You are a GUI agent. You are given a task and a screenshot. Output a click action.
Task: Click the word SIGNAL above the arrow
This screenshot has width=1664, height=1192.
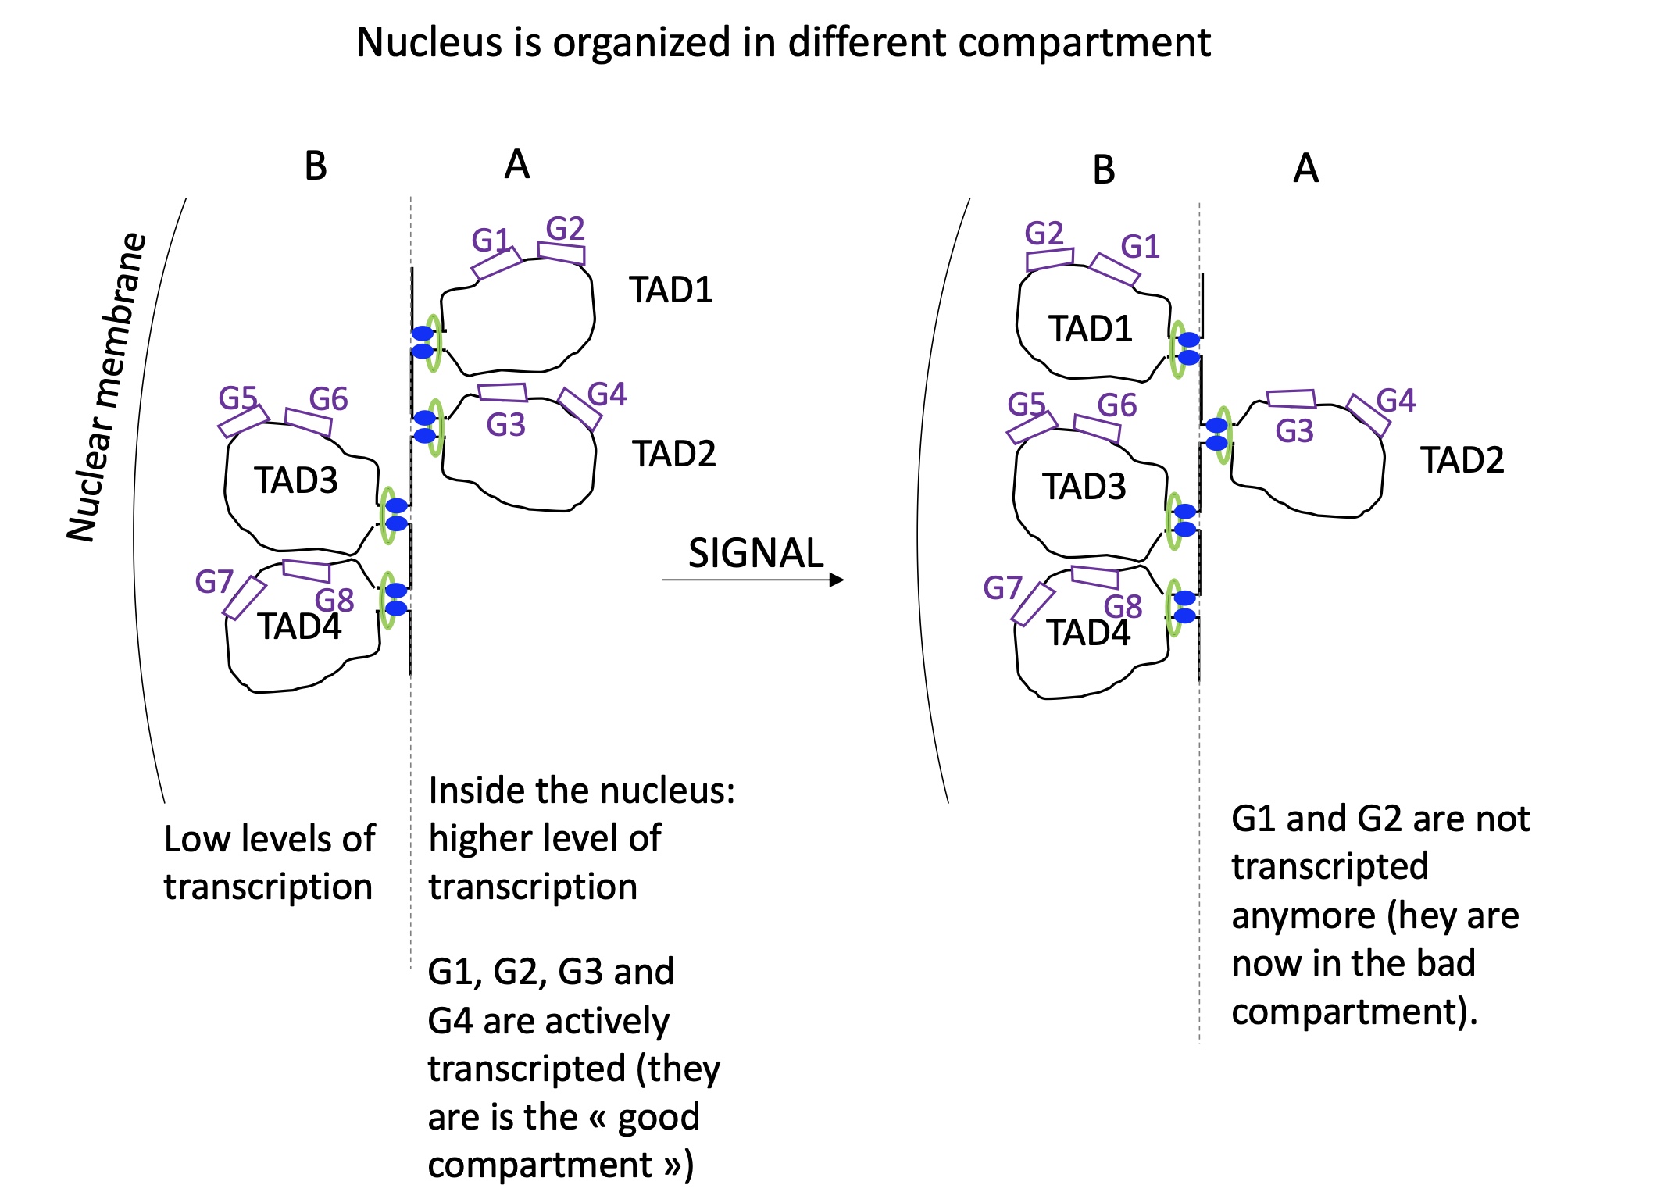point(755,553)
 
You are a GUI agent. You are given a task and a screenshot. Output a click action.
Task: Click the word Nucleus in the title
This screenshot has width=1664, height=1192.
point(428,42)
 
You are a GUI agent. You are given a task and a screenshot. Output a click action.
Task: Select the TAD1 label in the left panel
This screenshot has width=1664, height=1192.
point(671,290)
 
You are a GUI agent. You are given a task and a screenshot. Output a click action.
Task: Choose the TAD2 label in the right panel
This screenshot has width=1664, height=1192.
point(1462,460)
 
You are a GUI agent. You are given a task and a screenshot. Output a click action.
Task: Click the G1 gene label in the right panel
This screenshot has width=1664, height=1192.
point(1140,247)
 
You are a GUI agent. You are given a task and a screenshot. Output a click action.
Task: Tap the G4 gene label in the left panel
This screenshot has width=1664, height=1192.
point(607,394)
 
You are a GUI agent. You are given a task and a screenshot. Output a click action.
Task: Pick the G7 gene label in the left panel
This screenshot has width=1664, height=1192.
point(214,582)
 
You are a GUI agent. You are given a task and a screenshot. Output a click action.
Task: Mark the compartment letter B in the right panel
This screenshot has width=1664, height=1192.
point(1104,170)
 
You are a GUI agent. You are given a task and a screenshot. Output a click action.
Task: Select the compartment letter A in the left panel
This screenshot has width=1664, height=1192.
point(517,165)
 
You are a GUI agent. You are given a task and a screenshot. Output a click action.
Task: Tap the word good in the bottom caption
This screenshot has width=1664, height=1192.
point(659,1117)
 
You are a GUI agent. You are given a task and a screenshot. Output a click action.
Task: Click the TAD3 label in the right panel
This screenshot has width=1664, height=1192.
point(1084,487)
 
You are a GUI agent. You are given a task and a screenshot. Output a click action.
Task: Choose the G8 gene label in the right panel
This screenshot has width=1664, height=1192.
point(1123,606)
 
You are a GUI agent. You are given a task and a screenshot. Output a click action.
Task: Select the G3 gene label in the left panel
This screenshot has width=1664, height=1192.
point(505,425)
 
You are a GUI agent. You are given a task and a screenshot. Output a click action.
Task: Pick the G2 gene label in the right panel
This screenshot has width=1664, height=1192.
point(1044,233)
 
